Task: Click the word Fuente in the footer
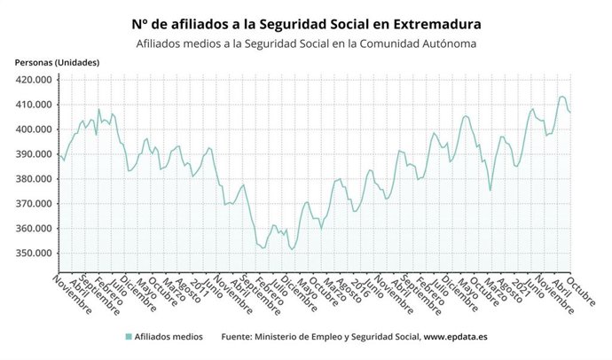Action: click(236, 337)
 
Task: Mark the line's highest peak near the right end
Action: click(561, 97)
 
